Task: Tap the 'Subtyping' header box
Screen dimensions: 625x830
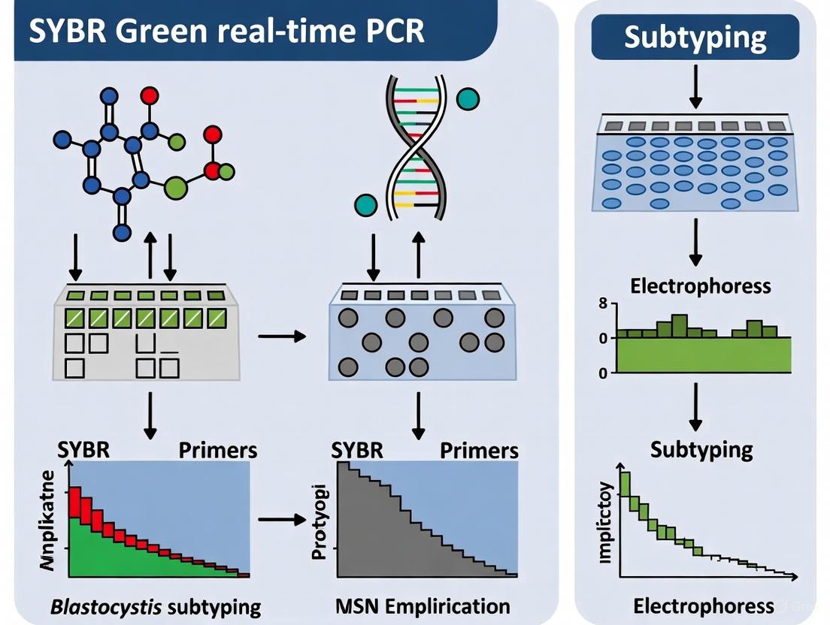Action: click(695, 37)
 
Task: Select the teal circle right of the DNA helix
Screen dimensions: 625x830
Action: click(468, 99)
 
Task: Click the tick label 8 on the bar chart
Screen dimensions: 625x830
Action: click(602, 305)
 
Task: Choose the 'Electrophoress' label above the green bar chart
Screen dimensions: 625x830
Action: click(701, 286)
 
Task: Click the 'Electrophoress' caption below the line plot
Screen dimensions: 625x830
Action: click(704, 605)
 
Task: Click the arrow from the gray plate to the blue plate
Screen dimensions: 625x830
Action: click(282, 337)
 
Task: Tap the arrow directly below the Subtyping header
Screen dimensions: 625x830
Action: click(695, 88)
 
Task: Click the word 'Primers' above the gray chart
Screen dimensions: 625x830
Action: click(479, 451)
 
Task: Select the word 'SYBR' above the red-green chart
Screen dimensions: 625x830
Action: click(83, 450)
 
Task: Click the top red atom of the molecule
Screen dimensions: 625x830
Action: click(150, 95)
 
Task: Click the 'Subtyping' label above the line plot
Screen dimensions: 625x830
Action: click(701, 450)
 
